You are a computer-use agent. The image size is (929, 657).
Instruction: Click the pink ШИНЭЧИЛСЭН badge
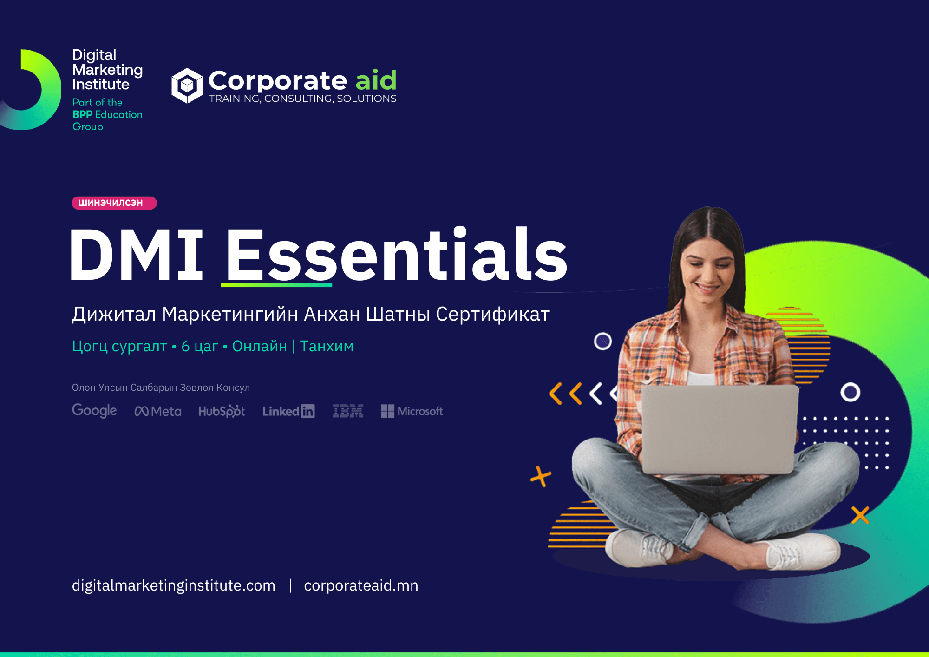coord(114,203)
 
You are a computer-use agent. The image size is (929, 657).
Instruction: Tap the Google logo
coord(94,411)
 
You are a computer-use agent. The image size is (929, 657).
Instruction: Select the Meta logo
coord(158,411)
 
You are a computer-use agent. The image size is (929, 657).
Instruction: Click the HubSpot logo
coord(222,411)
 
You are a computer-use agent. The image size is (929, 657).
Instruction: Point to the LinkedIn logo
coord(288,411)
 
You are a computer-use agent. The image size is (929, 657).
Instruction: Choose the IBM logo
coord(348,411)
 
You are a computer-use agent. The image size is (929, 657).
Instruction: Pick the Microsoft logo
coord(412,411)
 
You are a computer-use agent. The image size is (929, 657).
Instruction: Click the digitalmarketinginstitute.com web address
coord(174,585)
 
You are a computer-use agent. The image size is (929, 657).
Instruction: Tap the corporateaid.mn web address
coord(361,585)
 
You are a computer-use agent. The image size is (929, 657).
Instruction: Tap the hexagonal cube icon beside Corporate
coord(187,85)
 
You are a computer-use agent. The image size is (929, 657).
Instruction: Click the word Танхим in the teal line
coord(327,346)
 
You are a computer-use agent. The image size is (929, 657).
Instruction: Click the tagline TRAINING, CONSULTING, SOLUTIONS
coord(302,99)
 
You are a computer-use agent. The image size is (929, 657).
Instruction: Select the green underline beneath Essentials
coord(276,285)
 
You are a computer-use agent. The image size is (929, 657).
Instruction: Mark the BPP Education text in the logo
coord(107,114)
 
